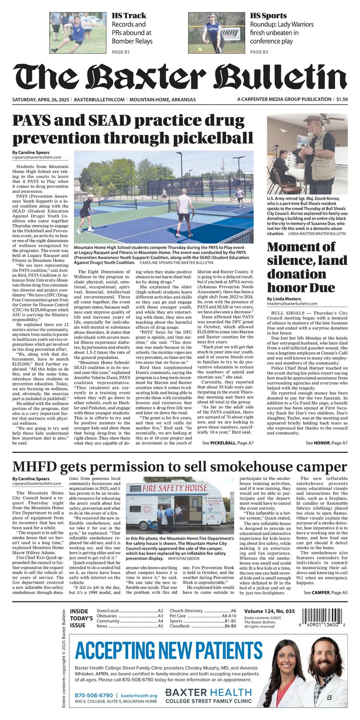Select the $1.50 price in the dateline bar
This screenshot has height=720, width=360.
coord(342,99)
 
